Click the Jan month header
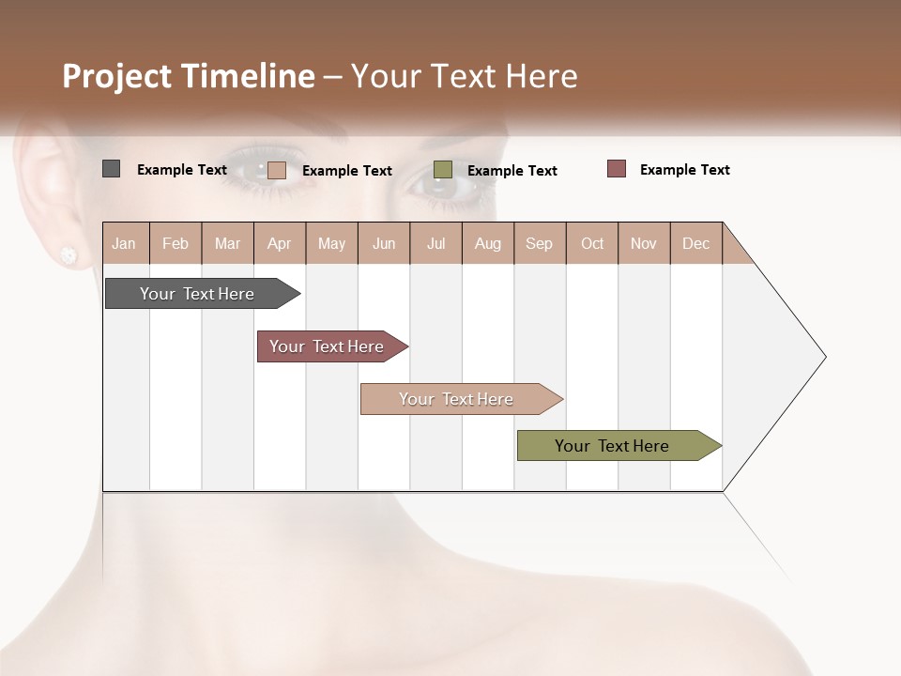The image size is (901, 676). click(x=125, y=243)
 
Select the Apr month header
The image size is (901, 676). click(x=280, y=243)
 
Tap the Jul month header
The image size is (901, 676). click(x=435, y=243)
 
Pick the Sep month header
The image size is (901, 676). click(x=540, y=243)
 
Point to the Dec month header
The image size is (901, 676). click(x=695, y=243)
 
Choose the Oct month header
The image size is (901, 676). click(x=592, y=243)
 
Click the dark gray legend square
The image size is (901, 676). click(x=111, y=169)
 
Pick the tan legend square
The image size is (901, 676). click(x=276, y=170)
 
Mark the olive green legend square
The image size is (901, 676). click(x=443, y=170)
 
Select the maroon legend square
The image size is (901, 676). click(x=617, y=169)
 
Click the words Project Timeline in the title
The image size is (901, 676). click(x=188, y=76)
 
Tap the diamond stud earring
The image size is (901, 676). click(x=68, y=254)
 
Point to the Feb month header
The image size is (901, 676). click(x=176, y=243)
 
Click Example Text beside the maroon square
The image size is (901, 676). click(x=684, y=170)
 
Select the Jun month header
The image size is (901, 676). click(x=384, y=243)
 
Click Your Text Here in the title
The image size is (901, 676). click(x=464, y=76)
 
